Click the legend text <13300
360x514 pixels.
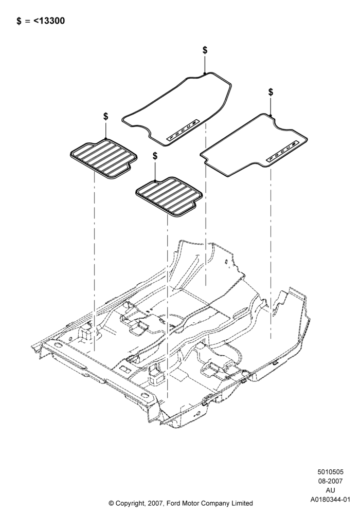point(49,21)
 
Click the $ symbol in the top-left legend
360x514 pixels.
point(19,21)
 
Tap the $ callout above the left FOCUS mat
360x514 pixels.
point(205,50)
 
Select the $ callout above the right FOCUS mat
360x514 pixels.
point(271,92)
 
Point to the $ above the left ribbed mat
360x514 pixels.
point(105,116)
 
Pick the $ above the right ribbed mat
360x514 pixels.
point(155,156)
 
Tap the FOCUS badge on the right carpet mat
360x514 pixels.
point(283,152)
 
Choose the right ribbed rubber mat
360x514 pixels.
point(169,197)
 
